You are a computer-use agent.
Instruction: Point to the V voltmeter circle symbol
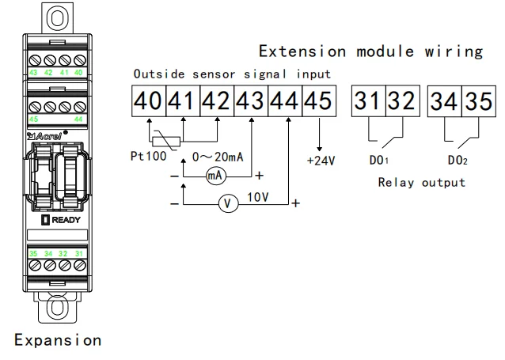click(x=228, y=203)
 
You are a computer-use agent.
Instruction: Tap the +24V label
click(x=321, y=161)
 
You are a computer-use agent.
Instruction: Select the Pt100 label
click(x=149, y=156)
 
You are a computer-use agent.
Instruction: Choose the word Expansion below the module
click(x=59, y=340)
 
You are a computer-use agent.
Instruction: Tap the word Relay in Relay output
click(x=396, y=183)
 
